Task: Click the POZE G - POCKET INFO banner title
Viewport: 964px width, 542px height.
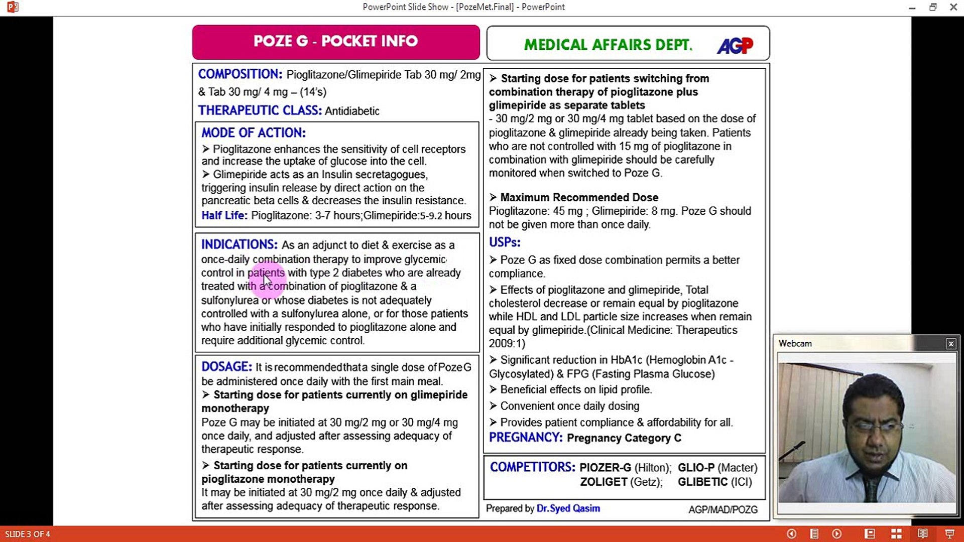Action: coord(335,41)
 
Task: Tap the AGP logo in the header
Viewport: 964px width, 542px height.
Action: coord(735,46)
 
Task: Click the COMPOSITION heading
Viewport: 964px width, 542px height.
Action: coord(240,74)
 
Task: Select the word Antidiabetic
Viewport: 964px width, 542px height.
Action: coord(352,111)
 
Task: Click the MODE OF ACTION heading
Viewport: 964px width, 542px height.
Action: coord(254,133)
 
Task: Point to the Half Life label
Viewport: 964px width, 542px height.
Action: coord(224,216)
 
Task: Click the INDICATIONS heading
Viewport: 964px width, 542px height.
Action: coord(239,245)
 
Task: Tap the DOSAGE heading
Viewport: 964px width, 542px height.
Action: coord(226,367)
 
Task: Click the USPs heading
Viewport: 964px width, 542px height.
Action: coord(505,242)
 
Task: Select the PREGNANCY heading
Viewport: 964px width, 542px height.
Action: coord(526,438)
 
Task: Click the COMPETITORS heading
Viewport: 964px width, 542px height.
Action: coord(532,467)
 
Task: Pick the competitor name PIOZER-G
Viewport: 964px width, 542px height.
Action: coord(605,468)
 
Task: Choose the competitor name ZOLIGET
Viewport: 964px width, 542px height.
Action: coord(604,482)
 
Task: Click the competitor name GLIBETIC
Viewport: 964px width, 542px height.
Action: coord(702,482)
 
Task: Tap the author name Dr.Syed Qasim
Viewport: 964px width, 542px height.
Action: coord(568,508)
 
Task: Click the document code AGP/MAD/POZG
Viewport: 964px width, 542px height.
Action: coord(723,510)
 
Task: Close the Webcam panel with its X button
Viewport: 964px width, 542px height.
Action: coord(950,344)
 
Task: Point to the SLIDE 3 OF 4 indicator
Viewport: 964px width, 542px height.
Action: coord(28,534)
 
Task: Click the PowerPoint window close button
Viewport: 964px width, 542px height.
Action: coord(953,7)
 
